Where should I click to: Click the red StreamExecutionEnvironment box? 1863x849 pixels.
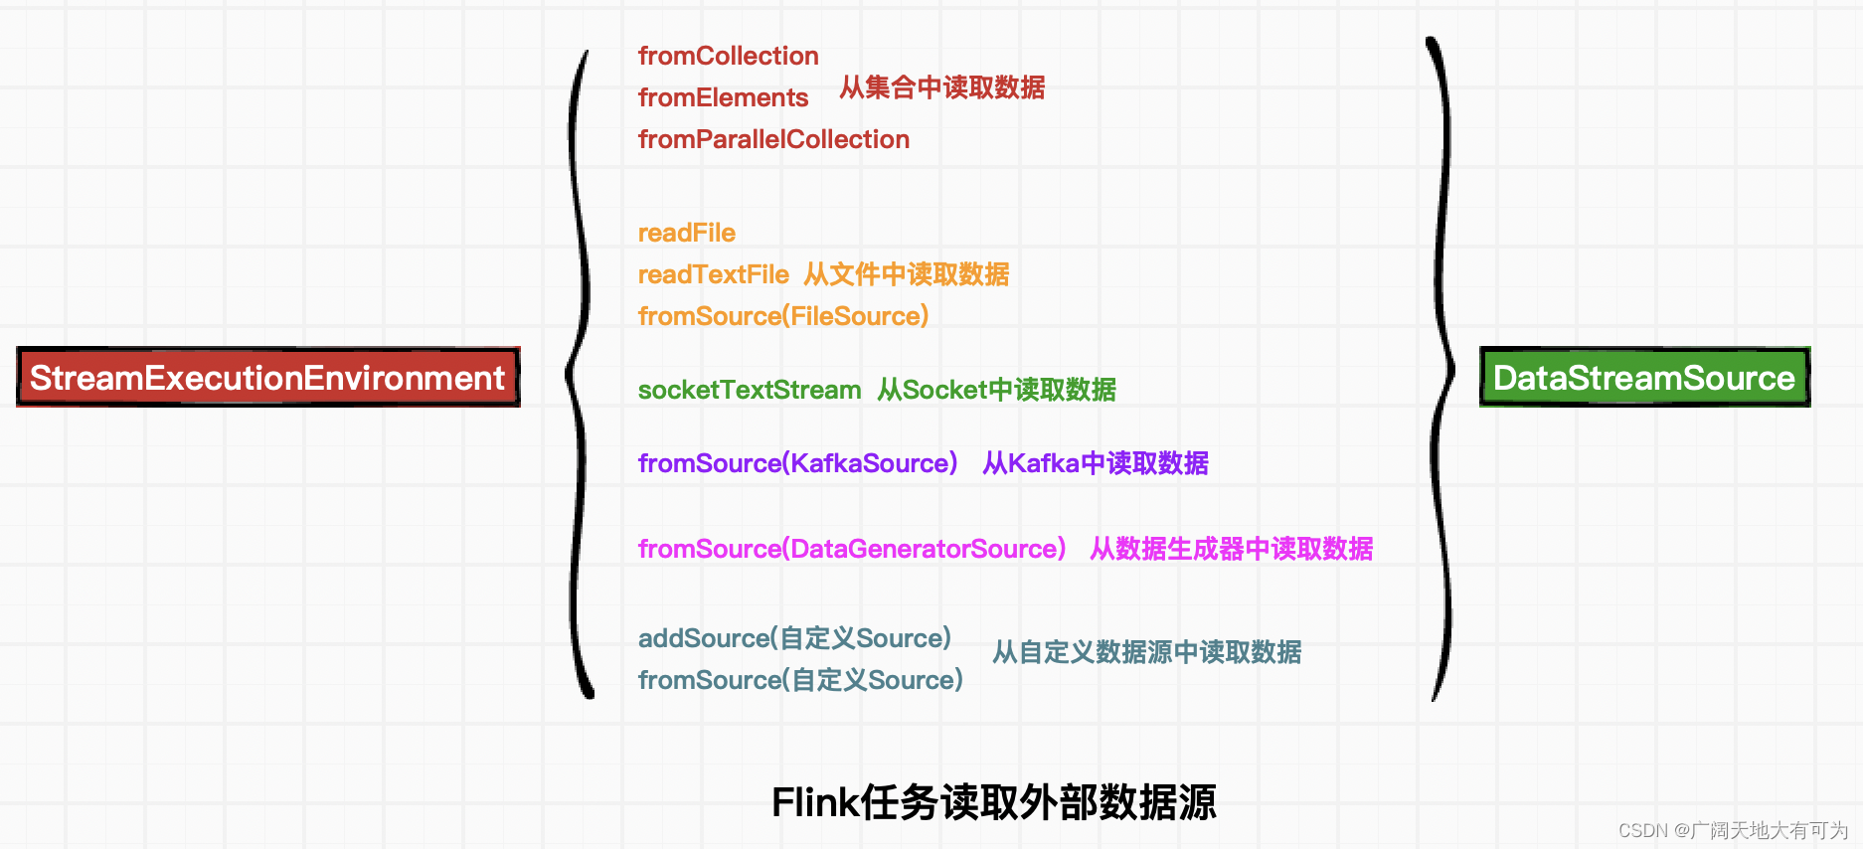tap(268, 378)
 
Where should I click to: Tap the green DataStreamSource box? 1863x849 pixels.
tap(1644, 378)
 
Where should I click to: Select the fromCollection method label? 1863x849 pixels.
tap(728, 57)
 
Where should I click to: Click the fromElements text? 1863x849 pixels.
tap(723, 98)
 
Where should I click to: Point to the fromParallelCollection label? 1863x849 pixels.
tap(773, 140)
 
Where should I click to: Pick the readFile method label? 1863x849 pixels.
tap(686, 234)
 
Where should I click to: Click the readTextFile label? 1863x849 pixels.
tap(713, 275)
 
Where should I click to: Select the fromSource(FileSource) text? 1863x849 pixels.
tap(782, 317)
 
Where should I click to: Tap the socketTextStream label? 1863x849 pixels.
tap(749, 391)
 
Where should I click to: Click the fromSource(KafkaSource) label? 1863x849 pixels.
tap(797, 464)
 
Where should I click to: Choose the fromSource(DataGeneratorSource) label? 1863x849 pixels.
tap(851, 550)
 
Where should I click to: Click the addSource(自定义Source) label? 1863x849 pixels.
tap(794, 639)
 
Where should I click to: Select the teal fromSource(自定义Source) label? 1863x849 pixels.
tap(800, 681)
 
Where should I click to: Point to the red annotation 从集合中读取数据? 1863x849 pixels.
tap(941, 88)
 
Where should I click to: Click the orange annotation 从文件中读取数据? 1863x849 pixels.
tap(906, 275)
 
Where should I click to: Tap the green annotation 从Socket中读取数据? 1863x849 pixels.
tap(996, 391)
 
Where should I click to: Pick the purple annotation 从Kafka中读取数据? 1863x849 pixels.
tap(1095, 464)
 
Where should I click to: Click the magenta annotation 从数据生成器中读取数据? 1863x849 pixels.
tap(1231, 550)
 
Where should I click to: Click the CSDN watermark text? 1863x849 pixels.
tap(1733, 830)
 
